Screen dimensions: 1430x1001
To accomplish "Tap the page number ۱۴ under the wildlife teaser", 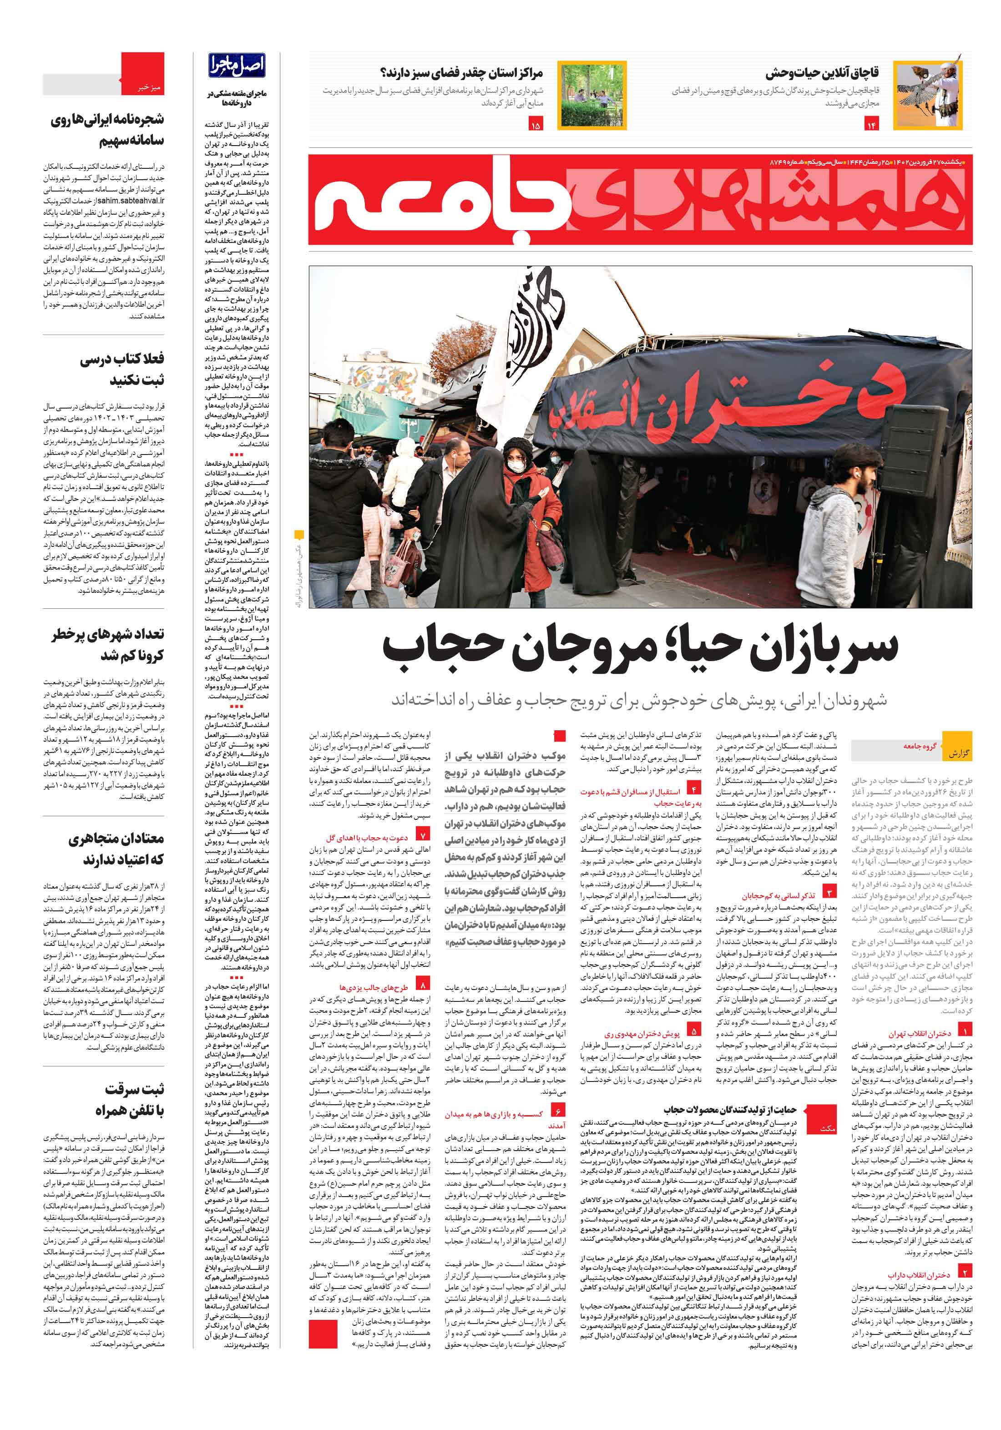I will [871, 125].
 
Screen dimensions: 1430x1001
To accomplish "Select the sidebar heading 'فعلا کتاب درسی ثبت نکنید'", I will [122, 369].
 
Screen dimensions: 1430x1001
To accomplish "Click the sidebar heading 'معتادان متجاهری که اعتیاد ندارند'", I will [116, 848].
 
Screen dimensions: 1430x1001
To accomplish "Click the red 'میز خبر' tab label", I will [148, 88].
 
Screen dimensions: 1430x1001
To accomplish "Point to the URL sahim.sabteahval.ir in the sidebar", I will [131, 201].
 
